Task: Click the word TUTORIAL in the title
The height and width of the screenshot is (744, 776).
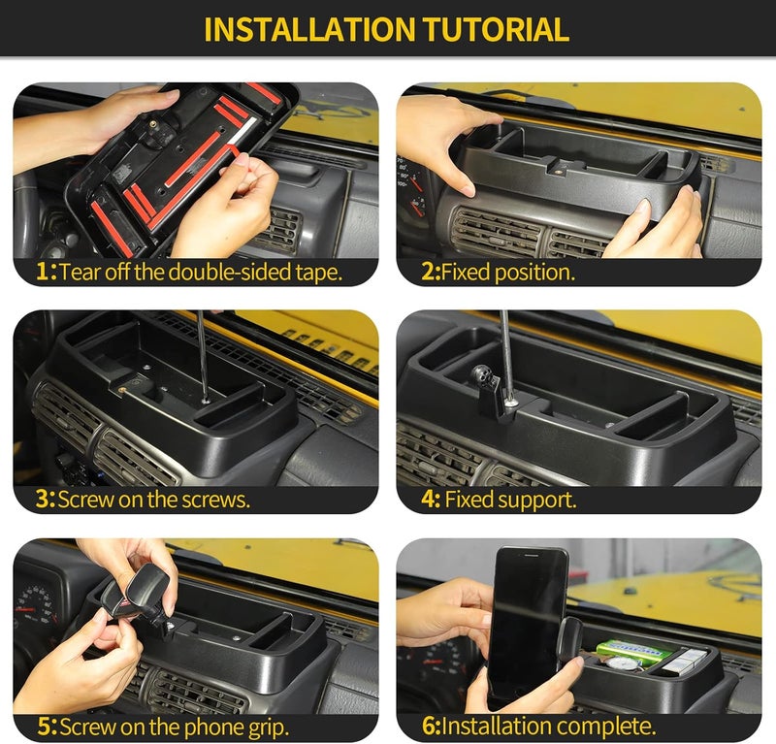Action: [x=496, y=30]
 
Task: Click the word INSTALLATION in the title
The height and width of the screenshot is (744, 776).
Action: [x=309, y=30]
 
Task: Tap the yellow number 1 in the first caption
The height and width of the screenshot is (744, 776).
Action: [x=44, y=272]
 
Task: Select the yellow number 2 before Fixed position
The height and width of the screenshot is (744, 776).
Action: [x=428, y=272]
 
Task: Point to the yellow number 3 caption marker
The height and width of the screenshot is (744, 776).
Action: [x=43, y=499]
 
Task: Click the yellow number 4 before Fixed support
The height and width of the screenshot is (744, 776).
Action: [x=429, y=499]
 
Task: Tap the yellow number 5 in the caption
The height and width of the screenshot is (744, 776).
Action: [x=45, y=727]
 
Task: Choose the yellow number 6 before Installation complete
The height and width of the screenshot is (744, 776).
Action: [x=429, y=727]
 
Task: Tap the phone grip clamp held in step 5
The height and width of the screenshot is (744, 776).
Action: [x=135, y=593]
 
